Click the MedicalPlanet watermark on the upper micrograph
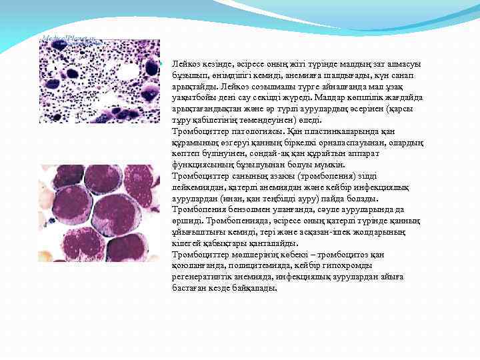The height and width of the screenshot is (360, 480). pos(66,38)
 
